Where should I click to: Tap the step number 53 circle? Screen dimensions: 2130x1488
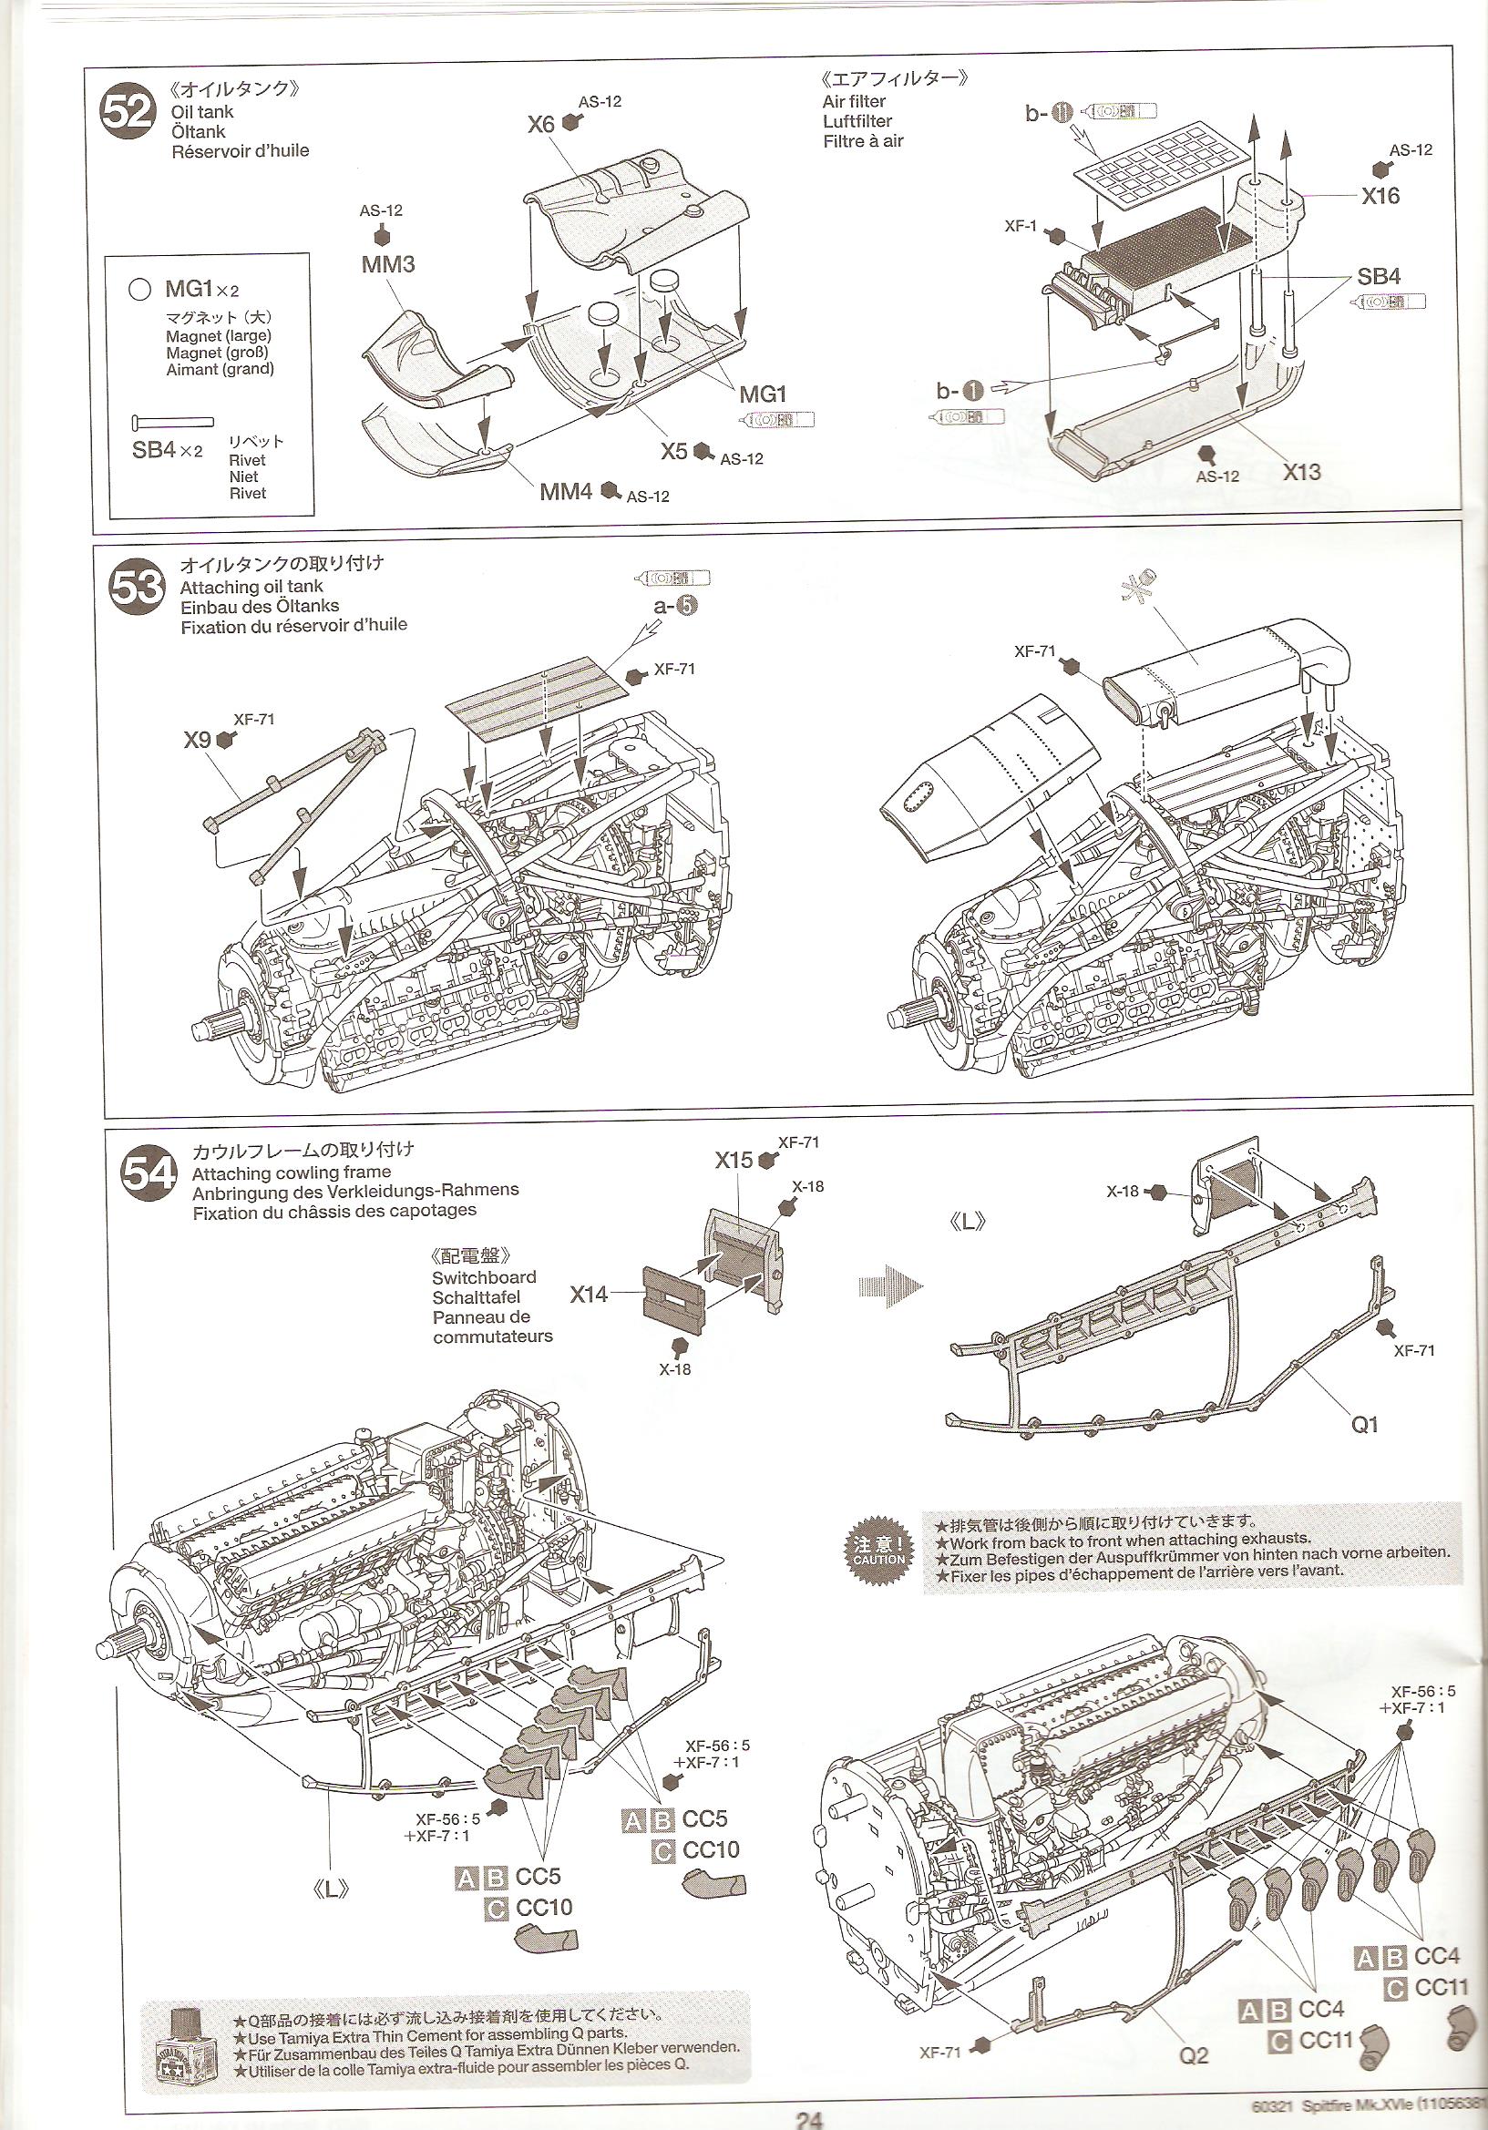click(138, 589)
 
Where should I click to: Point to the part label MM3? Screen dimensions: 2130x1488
click(388, 264)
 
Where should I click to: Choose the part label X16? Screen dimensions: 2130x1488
click(1380, 196)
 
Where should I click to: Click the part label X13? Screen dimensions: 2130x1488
click(1301, 472)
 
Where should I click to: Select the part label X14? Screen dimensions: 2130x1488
click(588, 1294)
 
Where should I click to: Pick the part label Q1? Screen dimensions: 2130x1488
click(1365, 1424)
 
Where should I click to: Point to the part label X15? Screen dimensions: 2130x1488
click(733, 1160)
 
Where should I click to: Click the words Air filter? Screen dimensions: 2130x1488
click(854, 101)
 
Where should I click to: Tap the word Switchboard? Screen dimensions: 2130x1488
click(483, 1277)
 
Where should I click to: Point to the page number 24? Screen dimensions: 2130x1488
click(808, 2120)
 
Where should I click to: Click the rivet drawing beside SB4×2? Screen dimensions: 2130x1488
click(172, 421)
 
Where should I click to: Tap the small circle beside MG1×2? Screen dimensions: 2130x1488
click(140, 290)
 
